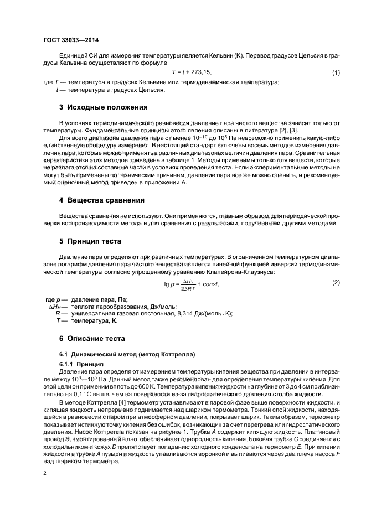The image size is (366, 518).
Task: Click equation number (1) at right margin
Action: pos(336,73)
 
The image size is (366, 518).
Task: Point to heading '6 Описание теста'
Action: pos(93,338)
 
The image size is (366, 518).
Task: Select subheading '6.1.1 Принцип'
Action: pos(81,364)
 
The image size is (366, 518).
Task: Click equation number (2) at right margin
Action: pos(336,283)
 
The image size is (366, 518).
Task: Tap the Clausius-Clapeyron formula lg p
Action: pos(192,284)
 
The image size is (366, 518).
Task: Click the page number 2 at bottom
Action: pos(45,473)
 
